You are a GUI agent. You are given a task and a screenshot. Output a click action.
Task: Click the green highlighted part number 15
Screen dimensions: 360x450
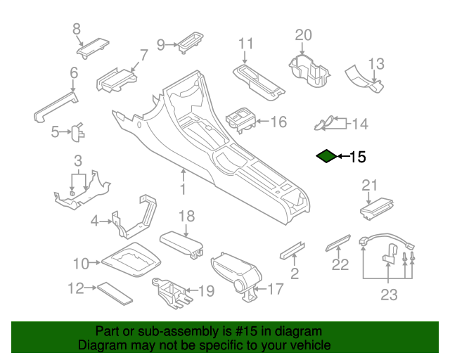coord(326,156)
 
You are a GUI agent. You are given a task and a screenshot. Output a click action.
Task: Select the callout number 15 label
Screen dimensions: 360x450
coord(357,157)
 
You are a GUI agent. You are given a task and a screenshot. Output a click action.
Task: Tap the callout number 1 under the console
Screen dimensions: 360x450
coord(182,190)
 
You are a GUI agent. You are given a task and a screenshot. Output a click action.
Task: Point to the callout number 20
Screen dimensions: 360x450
coord(302,35)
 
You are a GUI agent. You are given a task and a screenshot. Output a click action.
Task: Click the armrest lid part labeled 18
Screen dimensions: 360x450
coord(181,242)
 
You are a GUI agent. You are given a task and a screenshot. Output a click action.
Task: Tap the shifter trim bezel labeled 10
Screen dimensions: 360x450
coord(129,263)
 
